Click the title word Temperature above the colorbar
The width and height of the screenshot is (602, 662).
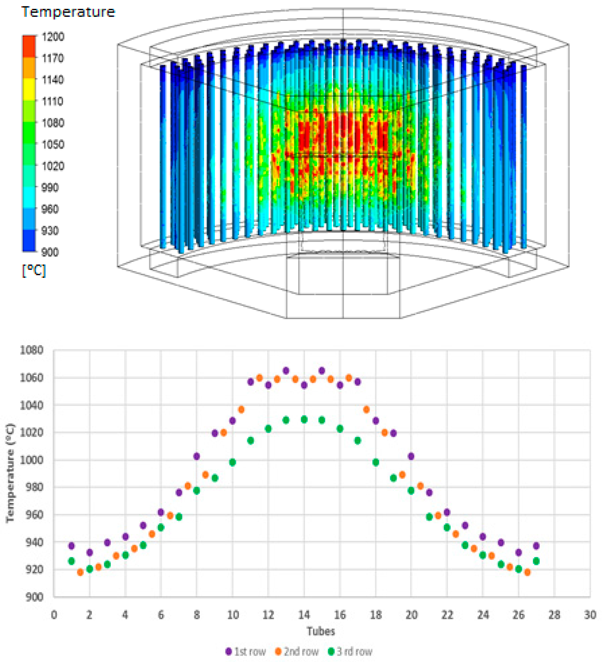(68, 12)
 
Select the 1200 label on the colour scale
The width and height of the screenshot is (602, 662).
(53, 37)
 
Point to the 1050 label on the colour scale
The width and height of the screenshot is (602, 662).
(53, 144)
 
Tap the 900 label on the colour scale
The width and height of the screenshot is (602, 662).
(50, 252)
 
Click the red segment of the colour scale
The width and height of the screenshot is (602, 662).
(29, 46)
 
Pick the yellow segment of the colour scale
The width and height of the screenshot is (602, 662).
(29, 89)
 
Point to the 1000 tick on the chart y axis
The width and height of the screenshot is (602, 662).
(32, 460)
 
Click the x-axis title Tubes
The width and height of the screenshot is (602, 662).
(321, 631)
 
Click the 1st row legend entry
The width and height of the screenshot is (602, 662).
(246, 651)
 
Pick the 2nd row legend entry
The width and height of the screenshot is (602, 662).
(297, 651)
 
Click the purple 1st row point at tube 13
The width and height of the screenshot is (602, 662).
(286, 371)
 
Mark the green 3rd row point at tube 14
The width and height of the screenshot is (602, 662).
(304, 419)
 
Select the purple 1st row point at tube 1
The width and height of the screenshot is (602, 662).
(71, 546)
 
